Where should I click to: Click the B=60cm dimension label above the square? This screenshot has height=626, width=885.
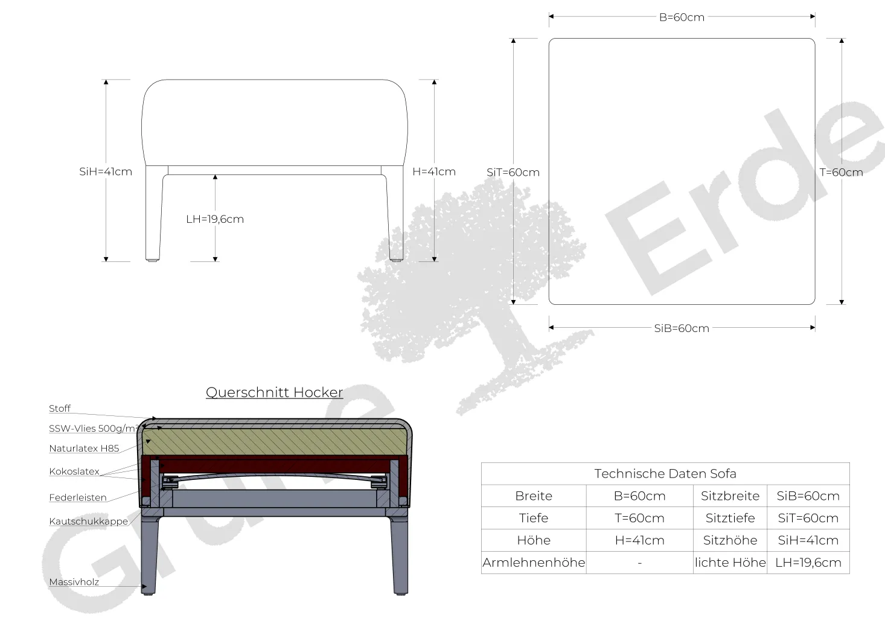coord(682,18)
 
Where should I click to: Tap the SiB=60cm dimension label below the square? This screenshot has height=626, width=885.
coord(682,328)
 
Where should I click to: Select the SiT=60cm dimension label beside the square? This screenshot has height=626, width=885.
coord(513,172)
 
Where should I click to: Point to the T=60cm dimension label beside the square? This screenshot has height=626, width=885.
coord(841,172)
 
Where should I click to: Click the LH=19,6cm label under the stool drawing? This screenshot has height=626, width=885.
coord(215,219)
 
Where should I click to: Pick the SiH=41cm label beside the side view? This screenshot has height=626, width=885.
coord(106,172)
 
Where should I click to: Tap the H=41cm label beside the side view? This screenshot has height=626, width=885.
coord(434,172)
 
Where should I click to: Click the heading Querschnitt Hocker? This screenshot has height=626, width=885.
coord(274,392)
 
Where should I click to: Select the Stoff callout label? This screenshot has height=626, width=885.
coord(60,409)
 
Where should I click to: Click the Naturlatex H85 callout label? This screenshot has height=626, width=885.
coord(84,449)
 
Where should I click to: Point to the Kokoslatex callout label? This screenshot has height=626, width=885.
coord(74,471)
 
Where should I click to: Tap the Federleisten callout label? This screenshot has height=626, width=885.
coord(78,497)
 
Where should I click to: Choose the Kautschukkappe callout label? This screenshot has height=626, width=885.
coord(89,522)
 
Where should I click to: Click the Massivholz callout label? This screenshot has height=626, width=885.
coord(74,582)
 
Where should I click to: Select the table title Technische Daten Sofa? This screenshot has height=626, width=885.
coord(665,473)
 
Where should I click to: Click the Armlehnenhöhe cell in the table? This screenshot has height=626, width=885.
coord(534,563)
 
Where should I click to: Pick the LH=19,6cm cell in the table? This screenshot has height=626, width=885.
coord(808,563)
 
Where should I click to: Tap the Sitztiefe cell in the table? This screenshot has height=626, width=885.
coord(730,518)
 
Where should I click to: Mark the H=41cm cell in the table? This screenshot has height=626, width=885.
coord(640,540)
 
